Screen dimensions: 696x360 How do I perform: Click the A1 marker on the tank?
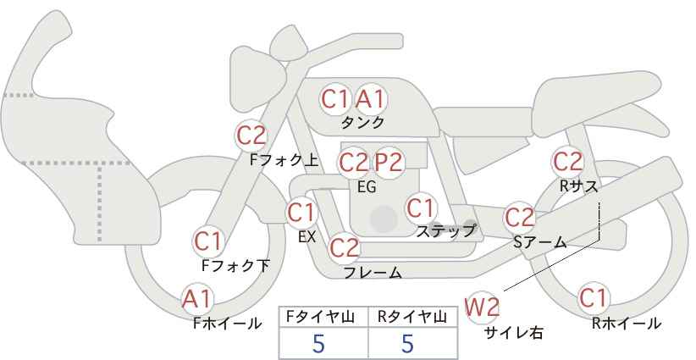pos(371,99)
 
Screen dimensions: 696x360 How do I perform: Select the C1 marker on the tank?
pos(335,99)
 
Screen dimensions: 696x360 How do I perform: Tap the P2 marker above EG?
pos(389,163)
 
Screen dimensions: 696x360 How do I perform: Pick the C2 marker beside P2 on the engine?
pos(354,163)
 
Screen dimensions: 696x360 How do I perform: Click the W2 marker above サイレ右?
pos(482,307)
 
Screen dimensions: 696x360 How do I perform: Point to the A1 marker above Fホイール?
pos(197,299)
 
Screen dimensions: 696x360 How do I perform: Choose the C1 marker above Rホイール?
pos(594,298)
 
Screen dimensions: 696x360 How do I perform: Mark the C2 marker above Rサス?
pos(567,162)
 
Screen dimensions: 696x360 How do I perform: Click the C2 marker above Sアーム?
pos(520,218)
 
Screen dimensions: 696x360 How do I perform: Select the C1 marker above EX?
pos(301,213)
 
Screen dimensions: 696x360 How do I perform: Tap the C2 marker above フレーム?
pos(345,247)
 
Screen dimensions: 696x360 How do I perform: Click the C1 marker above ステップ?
pos(421,208)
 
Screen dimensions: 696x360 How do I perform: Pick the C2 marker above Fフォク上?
pos(251,136)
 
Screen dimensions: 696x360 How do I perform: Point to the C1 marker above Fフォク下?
pos(208,241)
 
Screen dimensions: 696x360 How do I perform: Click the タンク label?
pos(362,123)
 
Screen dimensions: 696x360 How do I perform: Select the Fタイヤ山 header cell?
pos(323,317)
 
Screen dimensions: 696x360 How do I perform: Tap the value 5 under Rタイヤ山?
pos(407,343)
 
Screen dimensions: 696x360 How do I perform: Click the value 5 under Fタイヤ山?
pos(318,343)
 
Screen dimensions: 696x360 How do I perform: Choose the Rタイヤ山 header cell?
pos(413,317)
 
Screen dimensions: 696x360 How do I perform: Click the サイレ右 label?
pos(514,333)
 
